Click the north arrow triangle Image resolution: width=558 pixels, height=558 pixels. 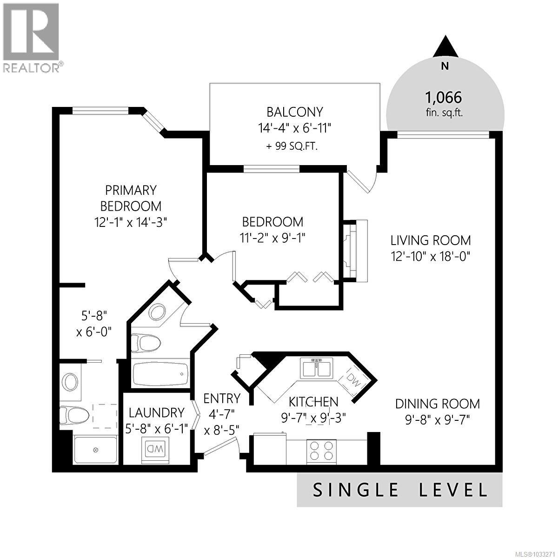point(445,46)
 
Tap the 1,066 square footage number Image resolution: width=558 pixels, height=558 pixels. point(443,97)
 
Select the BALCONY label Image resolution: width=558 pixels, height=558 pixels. point(294,112)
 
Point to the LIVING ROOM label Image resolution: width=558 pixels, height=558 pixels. point(430,240)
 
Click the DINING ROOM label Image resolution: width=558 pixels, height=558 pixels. point(437,404)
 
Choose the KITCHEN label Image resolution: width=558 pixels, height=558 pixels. point(313,401)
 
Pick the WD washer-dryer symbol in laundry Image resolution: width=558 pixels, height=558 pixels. point(155,450)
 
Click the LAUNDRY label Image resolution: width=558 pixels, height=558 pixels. point(156,412)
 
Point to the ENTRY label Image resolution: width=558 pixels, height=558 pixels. point(222,399)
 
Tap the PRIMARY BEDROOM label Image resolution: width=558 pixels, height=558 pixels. point(131,198)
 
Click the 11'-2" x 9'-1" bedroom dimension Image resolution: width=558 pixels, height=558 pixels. point(272,238)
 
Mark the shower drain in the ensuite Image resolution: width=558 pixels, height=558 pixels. point(96,450)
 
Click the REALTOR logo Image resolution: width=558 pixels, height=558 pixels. point(31,37)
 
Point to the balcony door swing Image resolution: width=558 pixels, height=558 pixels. point(362,181)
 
